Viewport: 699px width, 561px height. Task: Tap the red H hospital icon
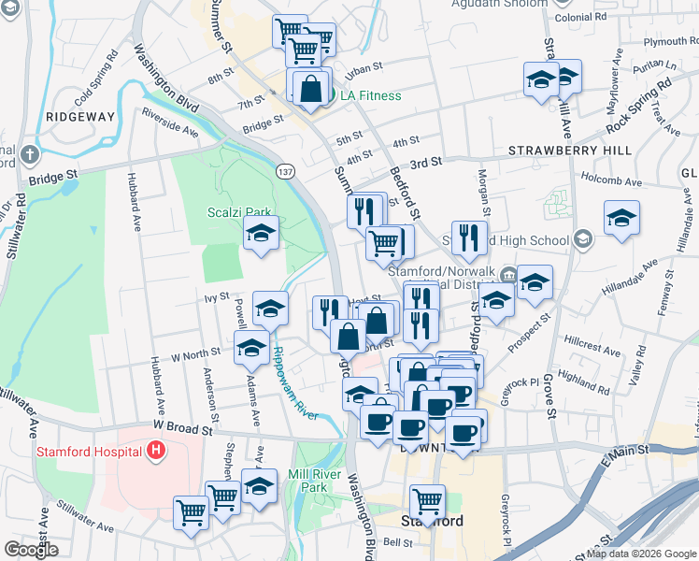156,453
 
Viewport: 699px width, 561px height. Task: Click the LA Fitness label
370,95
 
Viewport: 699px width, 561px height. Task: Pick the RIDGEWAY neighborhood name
79,117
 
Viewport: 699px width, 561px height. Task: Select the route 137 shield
286,171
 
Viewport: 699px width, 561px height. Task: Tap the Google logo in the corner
31,550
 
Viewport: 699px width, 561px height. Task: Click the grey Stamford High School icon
584,240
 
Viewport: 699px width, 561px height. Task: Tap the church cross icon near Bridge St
30,153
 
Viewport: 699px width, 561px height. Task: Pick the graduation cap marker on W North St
250,350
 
